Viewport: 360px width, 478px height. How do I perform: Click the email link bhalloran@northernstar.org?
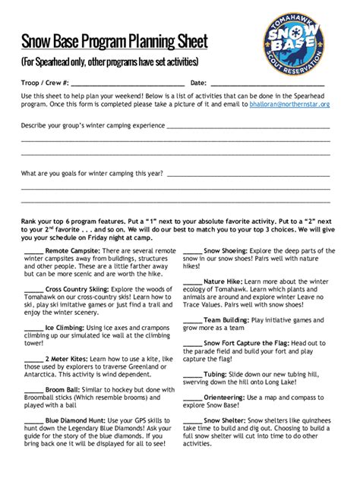[x=290, y=104]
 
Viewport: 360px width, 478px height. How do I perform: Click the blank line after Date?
[x=267, y=83]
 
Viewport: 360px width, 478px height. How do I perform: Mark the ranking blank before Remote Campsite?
[x=33, y=250]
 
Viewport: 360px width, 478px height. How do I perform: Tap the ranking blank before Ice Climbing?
[x=33, y=329]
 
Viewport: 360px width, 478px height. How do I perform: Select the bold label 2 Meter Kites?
[x=69, y=356]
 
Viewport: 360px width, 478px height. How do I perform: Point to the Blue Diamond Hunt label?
[x=83, y=419]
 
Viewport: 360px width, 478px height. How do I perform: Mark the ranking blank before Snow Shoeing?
[x=192, y=250]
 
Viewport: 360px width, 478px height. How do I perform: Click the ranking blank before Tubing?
[x=192, y=375]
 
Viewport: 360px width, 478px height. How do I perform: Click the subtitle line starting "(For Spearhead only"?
[x=110, y=61]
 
